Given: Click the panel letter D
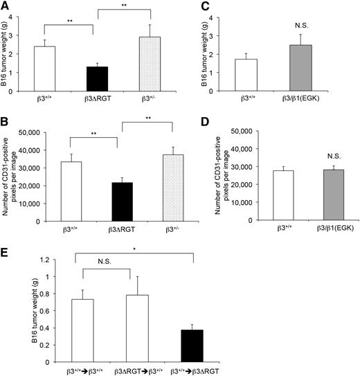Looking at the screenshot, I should [209, 127].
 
